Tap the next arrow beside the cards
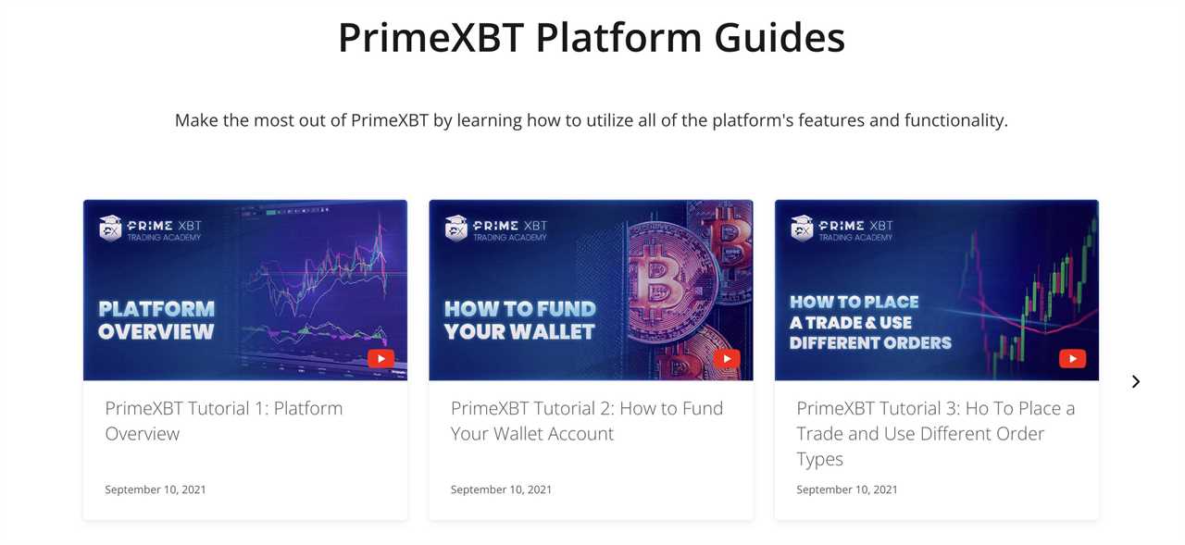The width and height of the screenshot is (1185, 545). [1136, 381]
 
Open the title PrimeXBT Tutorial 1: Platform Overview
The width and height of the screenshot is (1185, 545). [223, 421]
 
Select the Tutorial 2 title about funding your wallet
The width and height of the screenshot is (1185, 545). [586, 421]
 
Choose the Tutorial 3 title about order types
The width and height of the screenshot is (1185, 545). [935, 433]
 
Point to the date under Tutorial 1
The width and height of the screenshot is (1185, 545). [156, 489]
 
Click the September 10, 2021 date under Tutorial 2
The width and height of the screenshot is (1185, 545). [501, 489]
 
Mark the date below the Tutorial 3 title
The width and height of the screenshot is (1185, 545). [847, 489]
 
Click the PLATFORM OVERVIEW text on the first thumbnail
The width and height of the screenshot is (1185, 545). [156, 320]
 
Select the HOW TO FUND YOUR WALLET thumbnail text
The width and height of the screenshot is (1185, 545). [519, 320]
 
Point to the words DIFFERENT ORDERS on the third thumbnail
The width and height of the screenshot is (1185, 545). [870, 343]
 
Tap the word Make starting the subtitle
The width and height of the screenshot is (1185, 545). [196, 120]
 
